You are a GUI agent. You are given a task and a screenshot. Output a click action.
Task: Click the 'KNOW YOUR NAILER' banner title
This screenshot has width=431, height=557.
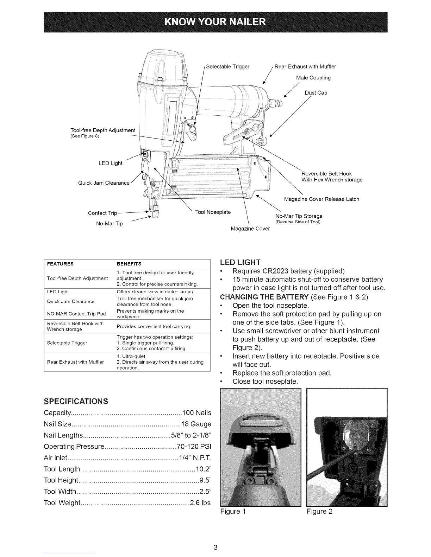pos(215,22)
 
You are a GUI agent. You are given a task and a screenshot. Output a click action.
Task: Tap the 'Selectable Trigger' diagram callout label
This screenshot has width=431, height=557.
pos(228,67)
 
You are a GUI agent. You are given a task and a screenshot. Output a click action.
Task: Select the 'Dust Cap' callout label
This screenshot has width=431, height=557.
pos(316,93)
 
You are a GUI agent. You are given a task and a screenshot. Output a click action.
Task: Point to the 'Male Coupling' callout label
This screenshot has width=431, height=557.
pos(313,78)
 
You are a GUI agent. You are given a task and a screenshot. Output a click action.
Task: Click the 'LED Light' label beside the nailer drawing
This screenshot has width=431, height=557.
pos(110,163)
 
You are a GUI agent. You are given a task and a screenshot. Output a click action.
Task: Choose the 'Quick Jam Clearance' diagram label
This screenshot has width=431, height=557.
pos(104,183)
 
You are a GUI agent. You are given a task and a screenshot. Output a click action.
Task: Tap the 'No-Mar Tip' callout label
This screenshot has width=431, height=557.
pos(110,224)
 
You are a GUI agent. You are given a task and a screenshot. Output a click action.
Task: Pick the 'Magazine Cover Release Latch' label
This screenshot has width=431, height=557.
pos(321,199)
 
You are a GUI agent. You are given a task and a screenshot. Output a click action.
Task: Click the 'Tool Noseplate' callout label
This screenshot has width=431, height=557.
pos(213,212)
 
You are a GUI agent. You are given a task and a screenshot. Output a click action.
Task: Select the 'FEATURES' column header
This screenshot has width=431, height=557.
pos(60,264)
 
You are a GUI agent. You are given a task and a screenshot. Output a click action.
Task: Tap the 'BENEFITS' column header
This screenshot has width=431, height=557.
pos(129,264)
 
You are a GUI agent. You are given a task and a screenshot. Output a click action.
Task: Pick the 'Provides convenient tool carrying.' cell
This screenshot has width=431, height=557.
pos(154,327)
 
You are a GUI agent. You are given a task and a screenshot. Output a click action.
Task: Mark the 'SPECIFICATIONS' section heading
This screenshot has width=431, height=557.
pos(76,402)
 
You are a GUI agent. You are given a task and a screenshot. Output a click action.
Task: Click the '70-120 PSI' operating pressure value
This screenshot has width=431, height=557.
pos(194,447)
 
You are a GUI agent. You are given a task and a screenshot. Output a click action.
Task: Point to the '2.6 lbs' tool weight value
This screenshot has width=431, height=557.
pos(200,503)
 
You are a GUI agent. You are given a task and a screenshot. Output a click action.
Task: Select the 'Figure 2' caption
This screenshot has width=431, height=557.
pos(320,512)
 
